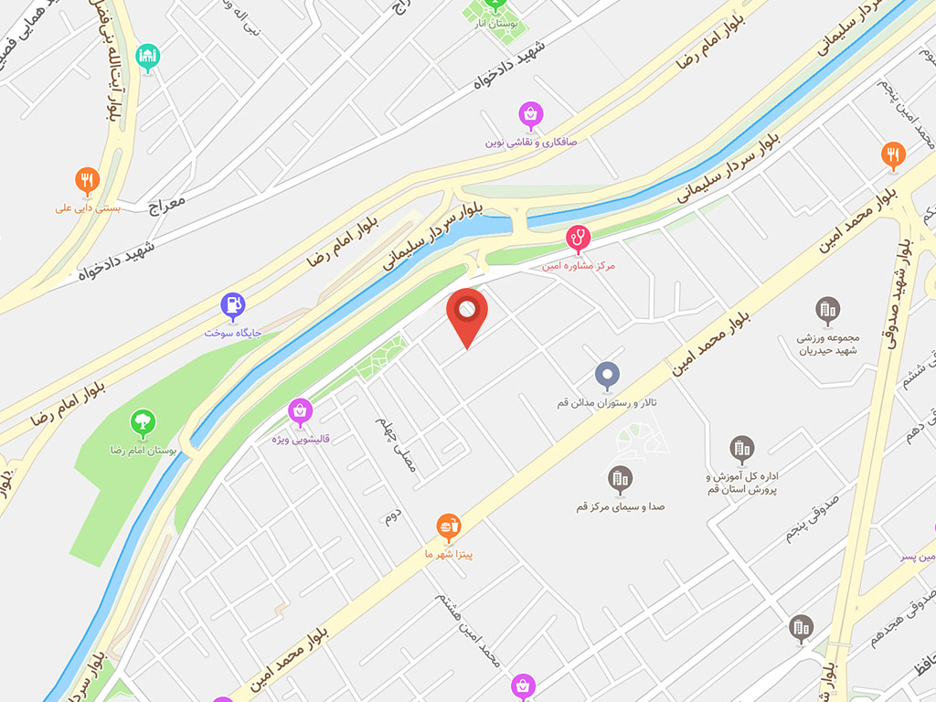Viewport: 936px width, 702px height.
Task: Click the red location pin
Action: point(467,314)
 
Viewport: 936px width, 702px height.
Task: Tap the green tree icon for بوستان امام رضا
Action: point(142,422)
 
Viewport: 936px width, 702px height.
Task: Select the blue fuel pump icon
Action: point(234,304)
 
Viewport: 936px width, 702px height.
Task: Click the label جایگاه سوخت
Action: point(233,332)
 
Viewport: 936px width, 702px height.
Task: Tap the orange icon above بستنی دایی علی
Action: point(87,180)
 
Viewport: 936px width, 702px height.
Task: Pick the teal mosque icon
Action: point(147,57)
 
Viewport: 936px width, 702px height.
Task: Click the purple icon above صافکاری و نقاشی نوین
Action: point(531,114)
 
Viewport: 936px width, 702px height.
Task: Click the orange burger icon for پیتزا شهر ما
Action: point(448,526)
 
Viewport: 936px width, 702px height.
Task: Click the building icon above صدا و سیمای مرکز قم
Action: point(621,478)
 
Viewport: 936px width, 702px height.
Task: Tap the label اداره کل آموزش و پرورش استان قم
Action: point(741,484)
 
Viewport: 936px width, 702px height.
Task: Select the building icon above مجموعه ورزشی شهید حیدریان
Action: point(828,310)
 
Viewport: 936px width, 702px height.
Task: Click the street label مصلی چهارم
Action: point(395,445)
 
